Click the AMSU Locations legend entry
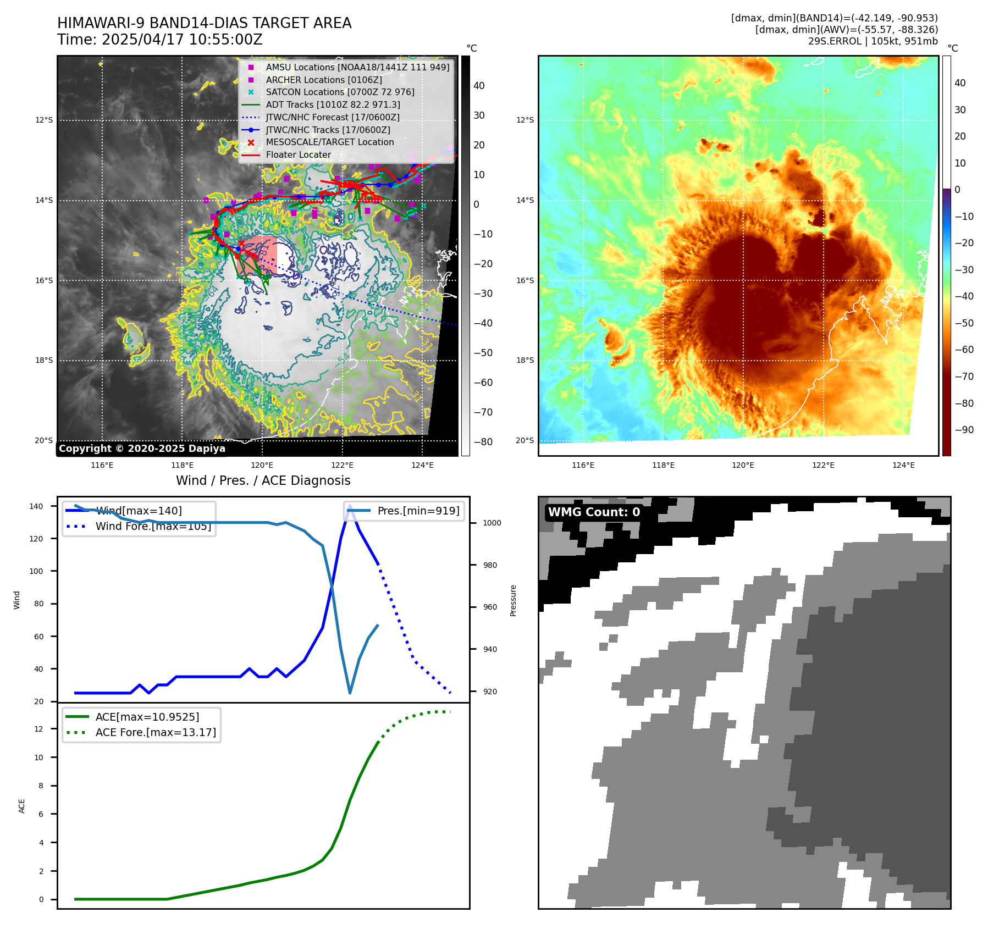(357, 67)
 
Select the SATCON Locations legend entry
(340, 92)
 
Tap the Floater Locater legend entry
(298, 155)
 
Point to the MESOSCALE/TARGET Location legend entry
(329, 142)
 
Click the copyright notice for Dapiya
(142, 449)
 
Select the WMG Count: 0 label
(594, 512)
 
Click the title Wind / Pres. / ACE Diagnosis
(263, 480)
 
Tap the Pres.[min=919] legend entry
(418, 511)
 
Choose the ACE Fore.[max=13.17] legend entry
(156, 732)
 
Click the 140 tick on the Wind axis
(36, 506)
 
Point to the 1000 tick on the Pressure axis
(492, 523)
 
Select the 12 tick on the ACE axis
(38, 729)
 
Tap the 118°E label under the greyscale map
(182, 466)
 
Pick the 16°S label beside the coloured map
(525, 280)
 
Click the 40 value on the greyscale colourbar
(479, 86)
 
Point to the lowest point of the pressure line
(350, 693)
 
